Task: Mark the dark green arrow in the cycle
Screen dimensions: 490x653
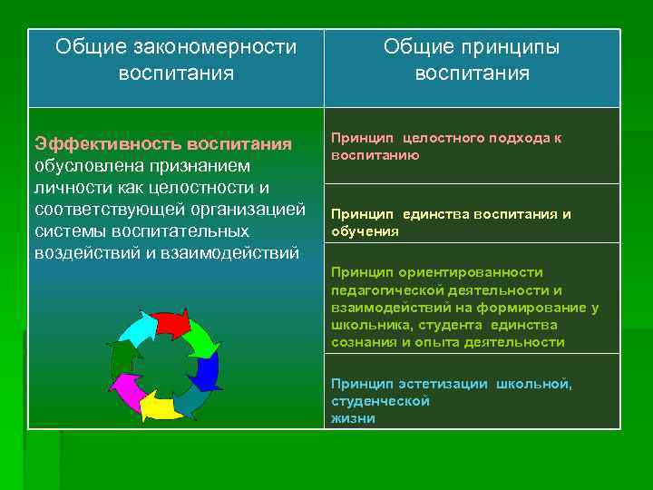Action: click(120, 360)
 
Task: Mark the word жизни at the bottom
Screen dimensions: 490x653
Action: click(353, 418)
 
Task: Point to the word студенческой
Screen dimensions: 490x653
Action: click(380, 401)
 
